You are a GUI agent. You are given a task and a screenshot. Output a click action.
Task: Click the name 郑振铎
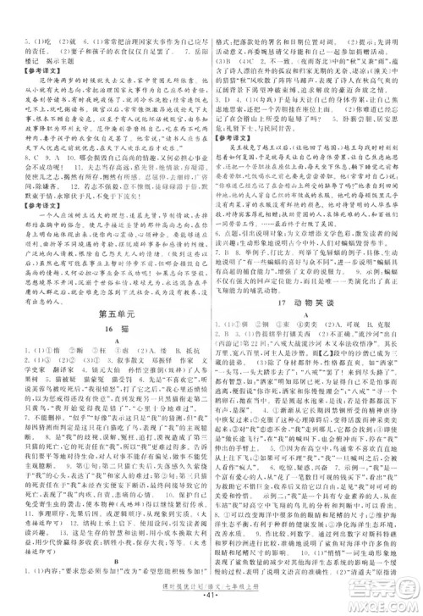157,369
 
